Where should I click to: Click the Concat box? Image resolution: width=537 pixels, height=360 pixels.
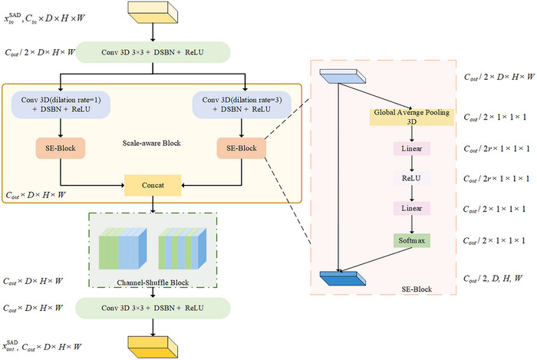pyautogui.click(x=153, y=185)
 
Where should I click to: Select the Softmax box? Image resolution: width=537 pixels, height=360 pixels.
pyautogui.click(x=412, y=240)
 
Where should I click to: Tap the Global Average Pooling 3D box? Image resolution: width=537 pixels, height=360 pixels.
pyautogui.click(x=412, y=117)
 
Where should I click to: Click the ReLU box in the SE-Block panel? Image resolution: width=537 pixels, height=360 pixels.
pyautogui.click(x=411, y=178)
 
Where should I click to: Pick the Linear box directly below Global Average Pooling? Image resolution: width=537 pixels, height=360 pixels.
pyautogui.click(x=412, y=149)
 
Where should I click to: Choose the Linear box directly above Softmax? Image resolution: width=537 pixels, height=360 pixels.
pyautogui.click(x=412, y=208)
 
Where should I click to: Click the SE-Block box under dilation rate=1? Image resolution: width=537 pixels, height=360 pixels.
pyautogui.click(x=61, y=148)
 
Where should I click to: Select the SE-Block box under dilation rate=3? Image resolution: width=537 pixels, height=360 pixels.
pyautogui.click(x=242, y=148)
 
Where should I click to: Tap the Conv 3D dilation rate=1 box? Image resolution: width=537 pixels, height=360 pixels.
pyautogui.click(x=61, y=105)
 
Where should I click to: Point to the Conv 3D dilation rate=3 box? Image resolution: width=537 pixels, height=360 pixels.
pyautogui.click(x=242, y=105)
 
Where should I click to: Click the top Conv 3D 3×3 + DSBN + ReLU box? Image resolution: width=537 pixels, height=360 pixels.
pyautogui.click(x=153, y=52)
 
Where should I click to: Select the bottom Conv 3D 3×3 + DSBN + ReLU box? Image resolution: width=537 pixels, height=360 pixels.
pyautogui.click(x=153, y=308)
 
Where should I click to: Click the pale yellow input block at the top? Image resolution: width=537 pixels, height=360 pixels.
pyautogui.click(x=153, y=12)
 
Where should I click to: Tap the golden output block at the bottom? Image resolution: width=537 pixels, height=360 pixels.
pyautogui.click(x=153, y=347)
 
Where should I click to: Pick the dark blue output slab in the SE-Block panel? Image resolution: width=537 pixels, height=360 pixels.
pyautogui.click(x=342, y=279)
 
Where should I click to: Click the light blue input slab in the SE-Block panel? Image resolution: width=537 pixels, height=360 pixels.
pyautogui.click(x=342, y=77)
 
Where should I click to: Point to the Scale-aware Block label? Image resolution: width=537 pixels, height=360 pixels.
pyautogui.click(x=151, y=144)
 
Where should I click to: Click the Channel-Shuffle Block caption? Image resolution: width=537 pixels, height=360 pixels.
pyautogui.click(x=153, y=282)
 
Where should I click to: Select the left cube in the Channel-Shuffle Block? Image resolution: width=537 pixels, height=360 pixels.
pyautogui.click(x=123, y=249)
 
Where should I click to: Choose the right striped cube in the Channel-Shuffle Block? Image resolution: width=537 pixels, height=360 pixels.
pyautogui.click(x=183, y=249)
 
